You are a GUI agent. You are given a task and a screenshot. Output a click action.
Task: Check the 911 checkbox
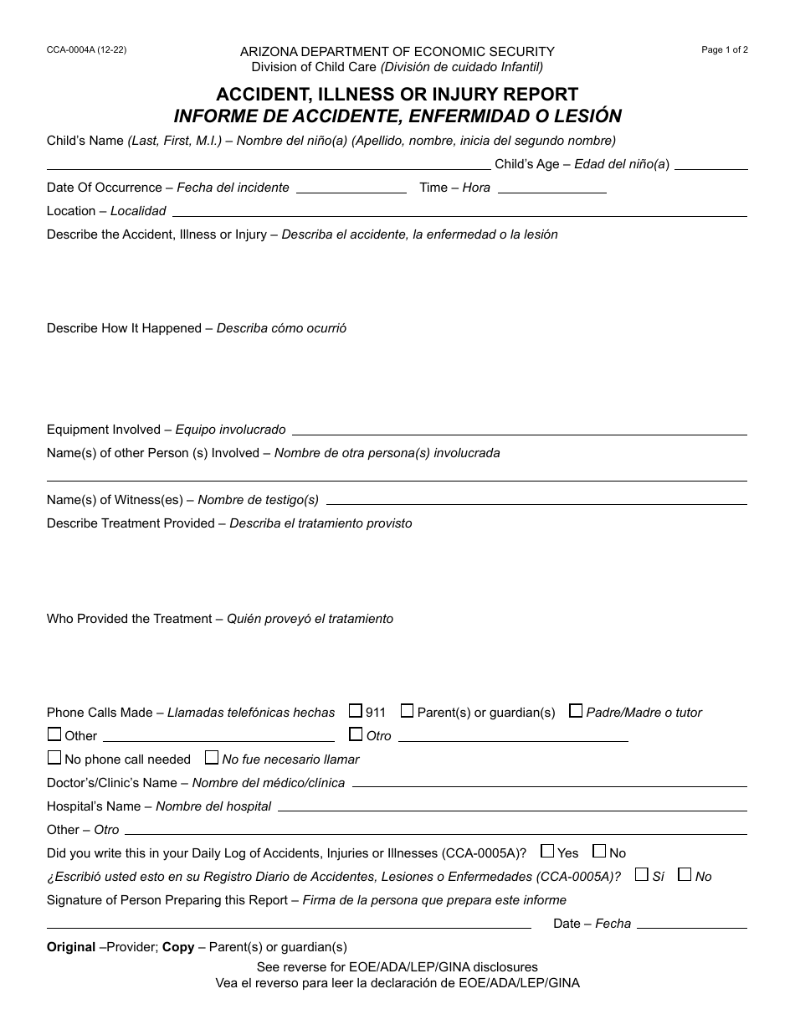click(356, 711)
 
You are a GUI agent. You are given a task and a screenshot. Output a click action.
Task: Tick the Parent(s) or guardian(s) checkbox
click(407, 711)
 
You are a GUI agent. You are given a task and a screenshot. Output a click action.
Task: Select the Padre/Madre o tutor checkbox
click(576, 711)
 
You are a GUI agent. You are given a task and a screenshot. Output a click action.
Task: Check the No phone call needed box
click(54, 758)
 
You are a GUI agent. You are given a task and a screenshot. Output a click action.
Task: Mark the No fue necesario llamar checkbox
click(212, 758)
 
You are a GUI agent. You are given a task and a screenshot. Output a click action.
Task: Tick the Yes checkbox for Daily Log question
click(547, 852)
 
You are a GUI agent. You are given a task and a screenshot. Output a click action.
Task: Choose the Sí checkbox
click(642, 875)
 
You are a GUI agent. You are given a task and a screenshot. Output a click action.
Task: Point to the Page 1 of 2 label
click(725, 50)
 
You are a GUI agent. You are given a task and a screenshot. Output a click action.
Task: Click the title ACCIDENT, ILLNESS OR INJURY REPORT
click(397, 95)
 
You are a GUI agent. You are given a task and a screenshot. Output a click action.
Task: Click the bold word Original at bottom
click(71, 947)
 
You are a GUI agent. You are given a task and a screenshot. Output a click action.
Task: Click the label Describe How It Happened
click(124, 328)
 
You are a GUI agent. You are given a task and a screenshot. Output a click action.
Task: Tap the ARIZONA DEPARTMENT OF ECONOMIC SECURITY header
click(397, 52)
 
